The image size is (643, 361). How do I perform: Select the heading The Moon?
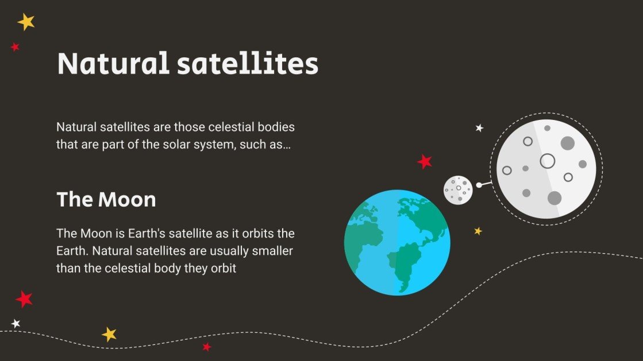(106, 200)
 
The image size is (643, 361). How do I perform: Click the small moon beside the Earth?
(458, 189)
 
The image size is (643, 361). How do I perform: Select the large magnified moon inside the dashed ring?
(546, 169)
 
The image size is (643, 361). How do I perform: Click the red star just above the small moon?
(425, 162)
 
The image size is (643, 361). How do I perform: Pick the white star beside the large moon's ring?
(479, 128)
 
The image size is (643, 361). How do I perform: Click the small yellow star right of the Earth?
(478, 231)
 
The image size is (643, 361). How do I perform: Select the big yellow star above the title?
(26, 22)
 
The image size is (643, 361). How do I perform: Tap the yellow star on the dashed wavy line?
(109, 334)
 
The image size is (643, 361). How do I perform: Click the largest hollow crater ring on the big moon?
(547, 161)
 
